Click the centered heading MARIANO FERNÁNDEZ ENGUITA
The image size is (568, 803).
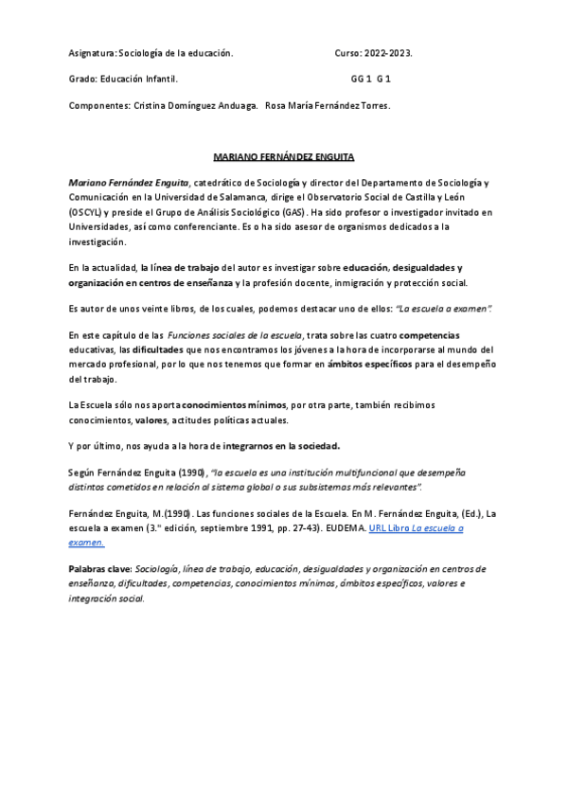[283, 156]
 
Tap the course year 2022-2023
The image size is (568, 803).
[389, 53]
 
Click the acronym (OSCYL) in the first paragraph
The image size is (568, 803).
[86, 213]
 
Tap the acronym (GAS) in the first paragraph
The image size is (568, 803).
[293, 213]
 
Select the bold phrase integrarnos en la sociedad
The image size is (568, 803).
[281, 446]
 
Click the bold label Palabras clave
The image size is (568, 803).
[100, 569]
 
